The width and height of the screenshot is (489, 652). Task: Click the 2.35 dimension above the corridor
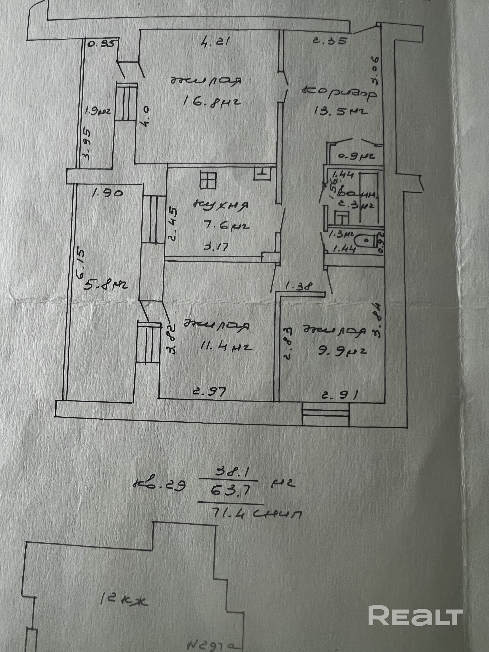[x=329, y=41]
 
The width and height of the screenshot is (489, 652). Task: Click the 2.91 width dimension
[x=339, y=394]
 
